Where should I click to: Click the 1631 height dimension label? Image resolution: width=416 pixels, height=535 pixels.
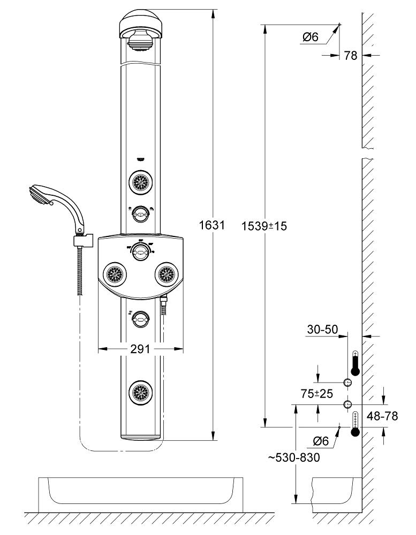tap(212, 225)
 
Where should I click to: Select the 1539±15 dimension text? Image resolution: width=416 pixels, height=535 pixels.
tap(264, 226)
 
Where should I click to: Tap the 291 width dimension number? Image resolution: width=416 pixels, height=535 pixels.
tap(140, 349)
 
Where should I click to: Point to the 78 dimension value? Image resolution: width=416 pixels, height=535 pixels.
tap(351, 55)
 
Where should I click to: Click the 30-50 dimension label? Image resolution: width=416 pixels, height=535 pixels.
tap(322, 329)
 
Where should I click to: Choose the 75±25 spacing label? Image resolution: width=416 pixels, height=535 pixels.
tap(317, 394)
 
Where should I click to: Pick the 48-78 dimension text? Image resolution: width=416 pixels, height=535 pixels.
tap(382, 416)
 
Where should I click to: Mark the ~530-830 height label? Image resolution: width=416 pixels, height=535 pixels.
tap(294, 457)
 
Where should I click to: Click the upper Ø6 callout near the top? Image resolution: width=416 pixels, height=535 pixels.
tap(310, 36)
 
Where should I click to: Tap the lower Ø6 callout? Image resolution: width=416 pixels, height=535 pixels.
tap(321, 441)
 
